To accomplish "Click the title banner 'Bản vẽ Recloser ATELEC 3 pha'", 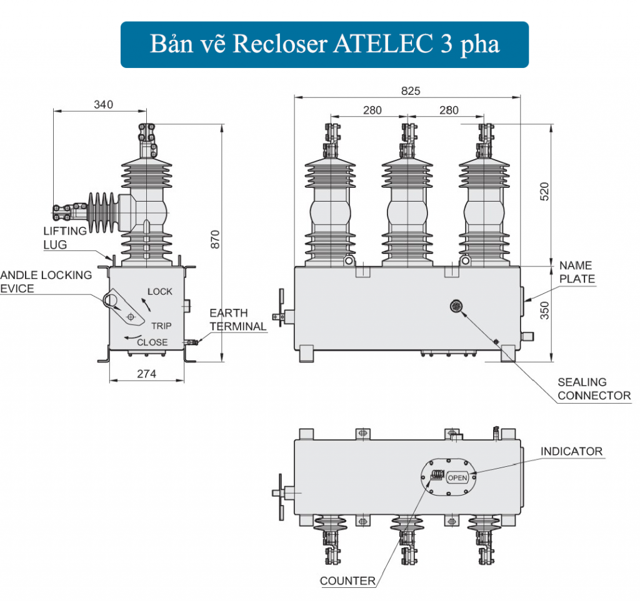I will coord(324,45).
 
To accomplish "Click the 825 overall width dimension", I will coord(410,90).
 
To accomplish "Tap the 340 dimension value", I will coord(103,104).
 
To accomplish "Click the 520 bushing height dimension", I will coord(544,192).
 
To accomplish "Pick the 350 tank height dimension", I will coord(544,310).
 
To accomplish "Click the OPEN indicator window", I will coord(457,478).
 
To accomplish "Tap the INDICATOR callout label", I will coord(571,451).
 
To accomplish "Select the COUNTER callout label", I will coord(347,581).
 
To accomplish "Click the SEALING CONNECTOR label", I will coord(594,388).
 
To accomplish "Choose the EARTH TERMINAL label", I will coord(237,320).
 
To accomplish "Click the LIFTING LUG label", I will coord(65,238).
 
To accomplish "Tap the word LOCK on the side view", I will coord(160,291).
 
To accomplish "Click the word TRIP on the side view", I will coord(161,326).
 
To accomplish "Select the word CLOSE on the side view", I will coord(152,342).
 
